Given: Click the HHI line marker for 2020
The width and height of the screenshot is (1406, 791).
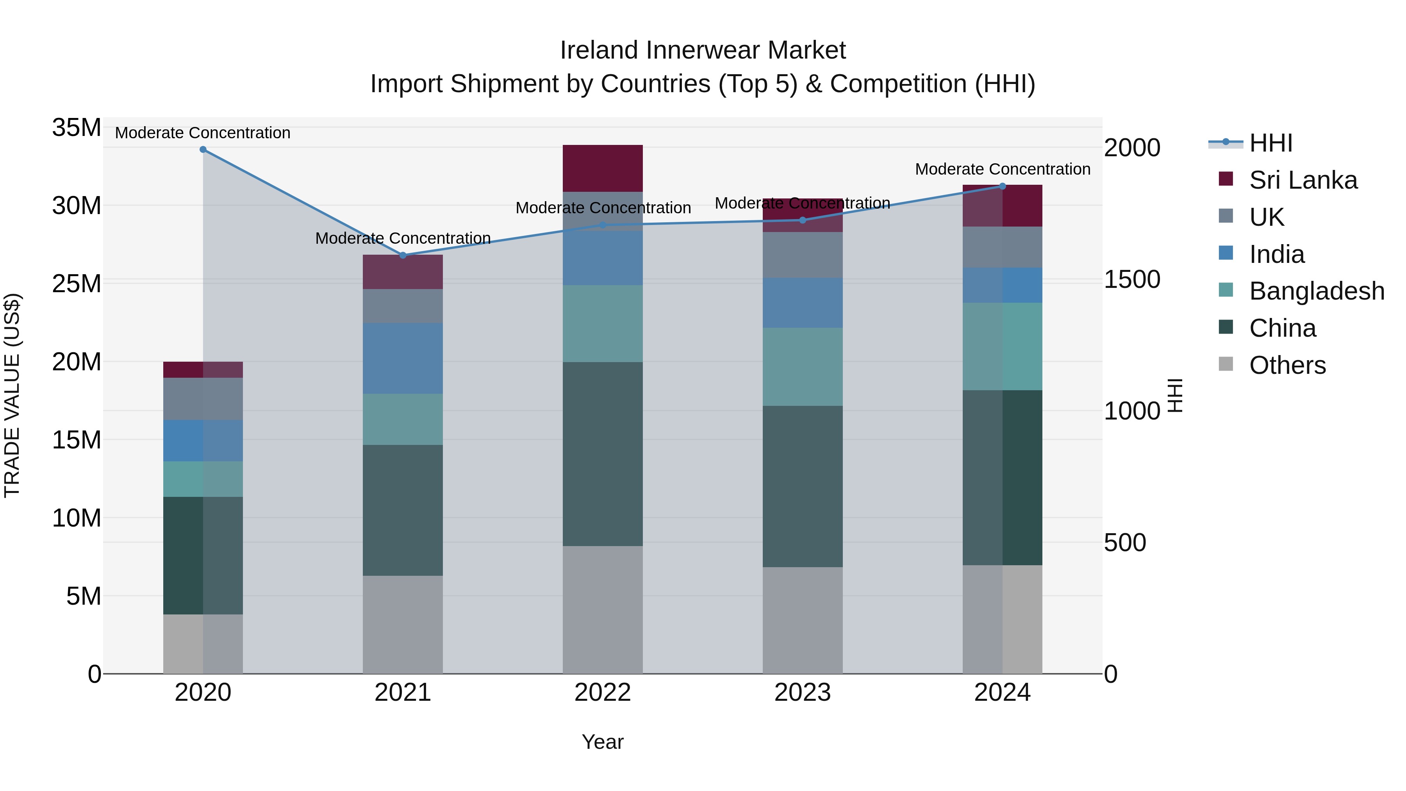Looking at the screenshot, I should [203, 150].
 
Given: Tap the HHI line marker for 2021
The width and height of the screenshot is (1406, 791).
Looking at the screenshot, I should [403, 255].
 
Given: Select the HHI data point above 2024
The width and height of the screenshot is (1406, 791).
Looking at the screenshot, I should [1002, 186].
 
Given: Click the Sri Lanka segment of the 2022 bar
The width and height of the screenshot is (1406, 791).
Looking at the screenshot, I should [603, 168].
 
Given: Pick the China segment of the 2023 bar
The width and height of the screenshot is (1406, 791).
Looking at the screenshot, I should [802, 486].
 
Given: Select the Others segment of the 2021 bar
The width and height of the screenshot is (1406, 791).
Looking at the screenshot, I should [403, 625].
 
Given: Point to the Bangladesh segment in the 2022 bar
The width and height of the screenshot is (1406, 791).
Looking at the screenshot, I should [603, 323].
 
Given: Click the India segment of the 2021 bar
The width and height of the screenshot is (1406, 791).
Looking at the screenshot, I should [403, 358].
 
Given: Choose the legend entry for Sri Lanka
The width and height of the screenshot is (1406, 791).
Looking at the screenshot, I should [1303, 180].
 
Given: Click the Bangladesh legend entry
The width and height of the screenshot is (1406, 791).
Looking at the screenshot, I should [1317, 291].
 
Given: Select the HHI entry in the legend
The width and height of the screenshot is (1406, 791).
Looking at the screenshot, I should [1270, 143].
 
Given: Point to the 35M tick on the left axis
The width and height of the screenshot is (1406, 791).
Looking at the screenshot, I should [77, 128].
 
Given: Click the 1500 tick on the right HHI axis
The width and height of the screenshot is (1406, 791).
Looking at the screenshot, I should [1132, 280].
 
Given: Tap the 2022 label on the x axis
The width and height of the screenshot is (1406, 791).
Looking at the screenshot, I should [603, 693].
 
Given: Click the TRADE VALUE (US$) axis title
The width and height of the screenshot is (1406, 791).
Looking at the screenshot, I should [12, 395].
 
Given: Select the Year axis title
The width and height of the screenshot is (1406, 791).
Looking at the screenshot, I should [603, 742].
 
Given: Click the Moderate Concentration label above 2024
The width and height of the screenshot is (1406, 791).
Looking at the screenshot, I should [1003, 169].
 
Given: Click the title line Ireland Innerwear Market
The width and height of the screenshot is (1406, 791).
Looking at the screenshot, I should [703, 50].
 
